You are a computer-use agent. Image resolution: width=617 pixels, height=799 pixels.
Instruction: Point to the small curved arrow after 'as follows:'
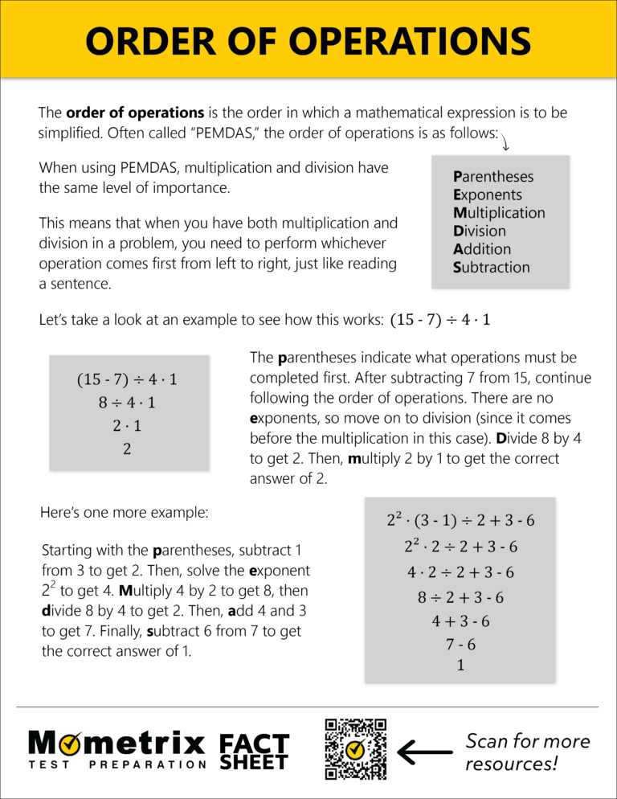point(506,142)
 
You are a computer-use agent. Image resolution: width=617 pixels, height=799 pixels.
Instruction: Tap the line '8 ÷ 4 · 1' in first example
point(127,403)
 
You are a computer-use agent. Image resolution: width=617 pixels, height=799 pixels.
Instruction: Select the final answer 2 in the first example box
point(127,449)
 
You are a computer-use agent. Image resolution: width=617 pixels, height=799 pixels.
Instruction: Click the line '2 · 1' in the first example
point(127,426)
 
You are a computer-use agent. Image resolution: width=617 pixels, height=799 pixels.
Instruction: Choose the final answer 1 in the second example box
point(460,666)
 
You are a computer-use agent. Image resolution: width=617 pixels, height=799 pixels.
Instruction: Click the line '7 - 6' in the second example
point(460,644)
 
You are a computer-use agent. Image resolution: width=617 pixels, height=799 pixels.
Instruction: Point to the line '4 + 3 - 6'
point(460,621)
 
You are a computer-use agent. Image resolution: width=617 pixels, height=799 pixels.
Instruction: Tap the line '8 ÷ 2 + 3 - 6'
point(460,597)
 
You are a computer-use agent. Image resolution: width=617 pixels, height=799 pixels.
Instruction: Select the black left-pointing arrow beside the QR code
point(425,753)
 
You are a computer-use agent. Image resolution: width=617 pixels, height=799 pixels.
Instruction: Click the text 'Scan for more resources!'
point(527,752)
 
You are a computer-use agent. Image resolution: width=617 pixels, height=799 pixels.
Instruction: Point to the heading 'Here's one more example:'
point(124,512)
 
